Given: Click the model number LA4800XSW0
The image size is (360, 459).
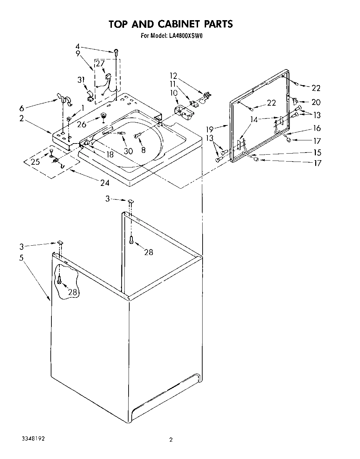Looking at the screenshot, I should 183,35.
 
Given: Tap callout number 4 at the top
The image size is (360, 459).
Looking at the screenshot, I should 78,46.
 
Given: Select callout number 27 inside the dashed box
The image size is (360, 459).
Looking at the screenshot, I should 100,63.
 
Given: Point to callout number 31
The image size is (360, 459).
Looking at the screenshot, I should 81,80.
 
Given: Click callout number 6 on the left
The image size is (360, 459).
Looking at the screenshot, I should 22,108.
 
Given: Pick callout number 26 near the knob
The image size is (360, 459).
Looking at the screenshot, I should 82,124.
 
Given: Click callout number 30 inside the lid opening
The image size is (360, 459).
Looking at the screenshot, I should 128,151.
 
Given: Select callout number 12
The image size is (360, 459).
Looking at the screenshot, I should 173,75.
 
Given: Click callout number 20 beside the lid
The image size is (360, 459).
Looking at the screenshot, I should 316,102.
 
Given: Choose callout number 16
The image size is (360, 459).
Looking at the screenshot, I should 317,128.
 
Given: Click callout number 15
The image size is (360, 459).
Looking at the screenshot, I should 317,152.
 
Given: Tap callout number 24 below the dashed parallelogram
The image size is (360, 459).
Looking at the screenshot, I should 105,183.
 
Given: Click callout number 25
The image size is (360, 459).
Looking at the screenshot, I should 35,162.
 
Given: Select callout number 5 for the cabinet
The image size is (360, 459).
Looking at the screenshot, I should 22,258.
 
